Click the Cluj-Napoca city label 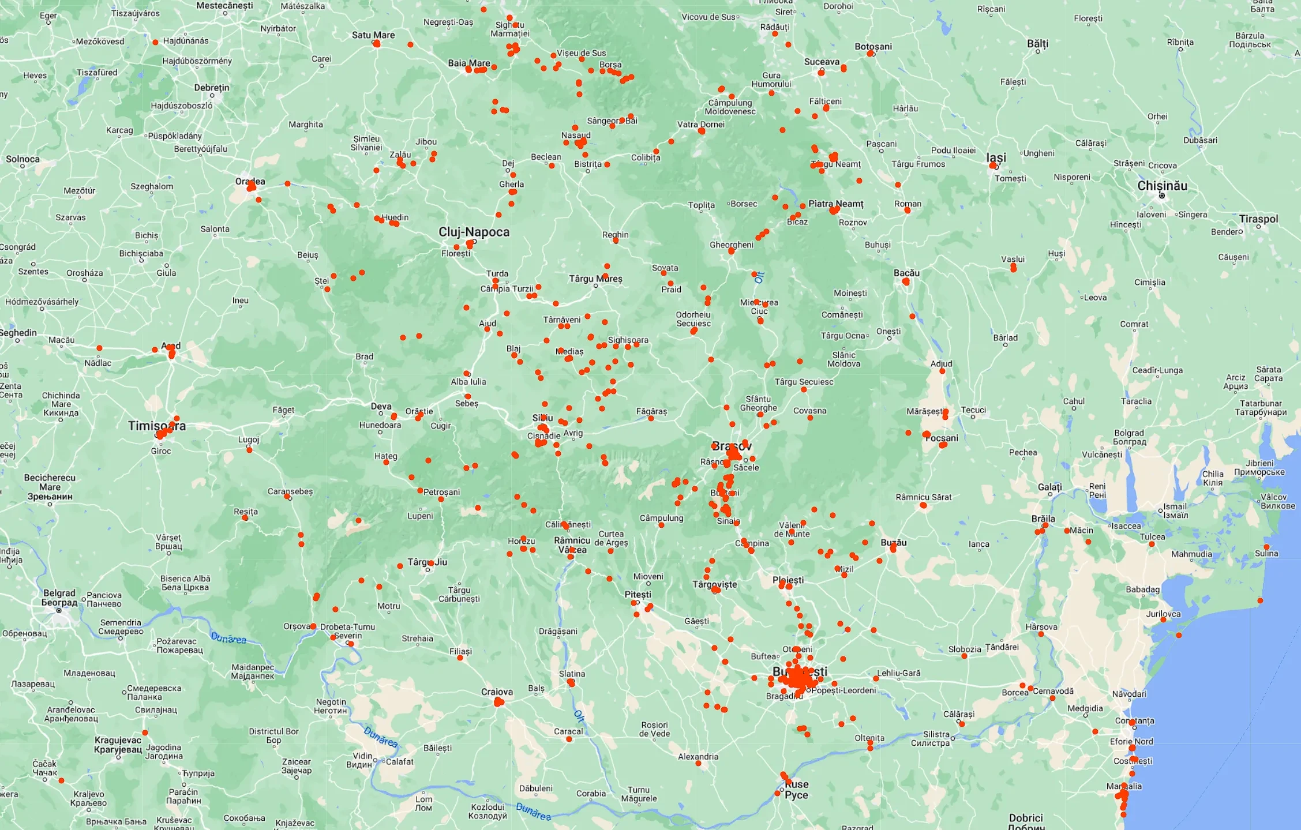click(x=474, y=232)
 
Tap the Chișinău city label click(x=1162, y=186)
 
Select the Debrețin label click(x=211, y=88)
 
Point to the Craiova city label click(x=497, y=692)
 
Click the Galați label click(x=1049, y=487)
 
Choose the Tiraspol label click(x=1258, y=219)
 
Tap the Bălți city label click(x=1037, y=44)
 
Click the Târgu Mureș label click(x=595, y=279)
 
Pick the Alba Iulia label click(x=468, y=381)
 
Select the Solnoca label click(x=23, y=159)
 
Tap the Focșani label click(x=942, y=438)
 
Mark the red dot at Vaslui click(x=1013, y=268)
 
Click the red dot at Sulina click(x=1266, y=547)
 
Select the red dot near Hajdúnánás click(x=155, y=42)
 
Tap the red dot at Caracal click(x=569, y=739)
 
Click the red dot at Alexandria click(x=698, y=764)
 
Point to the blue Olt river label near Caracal click(x=579, y=716)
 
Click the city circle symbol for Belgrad click(x=59, y=610)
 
